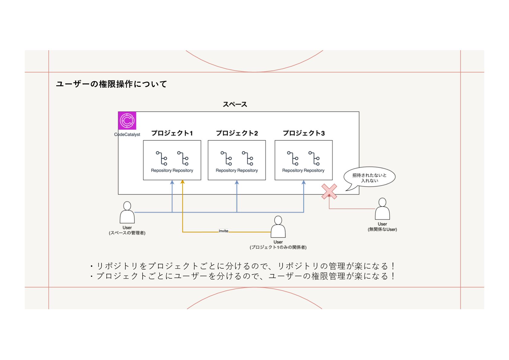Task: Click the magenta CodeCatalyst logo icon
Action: click(x=127, y=120)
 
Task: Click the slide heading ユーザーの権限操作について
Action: click(x=111, y=84)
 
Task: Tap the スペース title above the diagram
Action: click(x=235, y=104)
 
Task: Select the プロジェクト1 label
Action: click(x=172, y=133)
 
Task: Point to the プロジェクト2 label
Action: click(x=237, y=133)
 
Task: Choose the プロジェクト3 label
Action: click(x=303, y=133)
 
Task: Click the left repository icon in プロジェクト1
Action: click(x=162, y=158)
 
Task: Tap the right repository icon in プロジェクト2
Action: click(x=248, y=158)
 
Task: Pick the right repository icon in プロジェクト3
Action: click(x=314, y=158)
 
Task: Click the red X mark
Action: click(x=329, y=191)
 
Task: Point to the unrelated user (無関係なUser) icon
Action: click(x=382, y=209)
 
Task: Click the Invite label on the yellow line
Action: click(x=223, y=231)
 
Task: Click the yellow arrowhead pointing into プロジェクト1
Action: click(x=182, y=182)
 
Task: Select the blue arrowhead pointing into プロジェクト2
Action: click(x=237, y=182)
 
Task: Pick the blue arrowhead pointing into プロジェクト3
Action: click(x=303, y=182)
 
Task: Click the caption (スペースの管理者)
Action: click(x=127, y=233)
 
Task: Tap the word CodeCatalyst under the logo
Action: click(x=127, y=135)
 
